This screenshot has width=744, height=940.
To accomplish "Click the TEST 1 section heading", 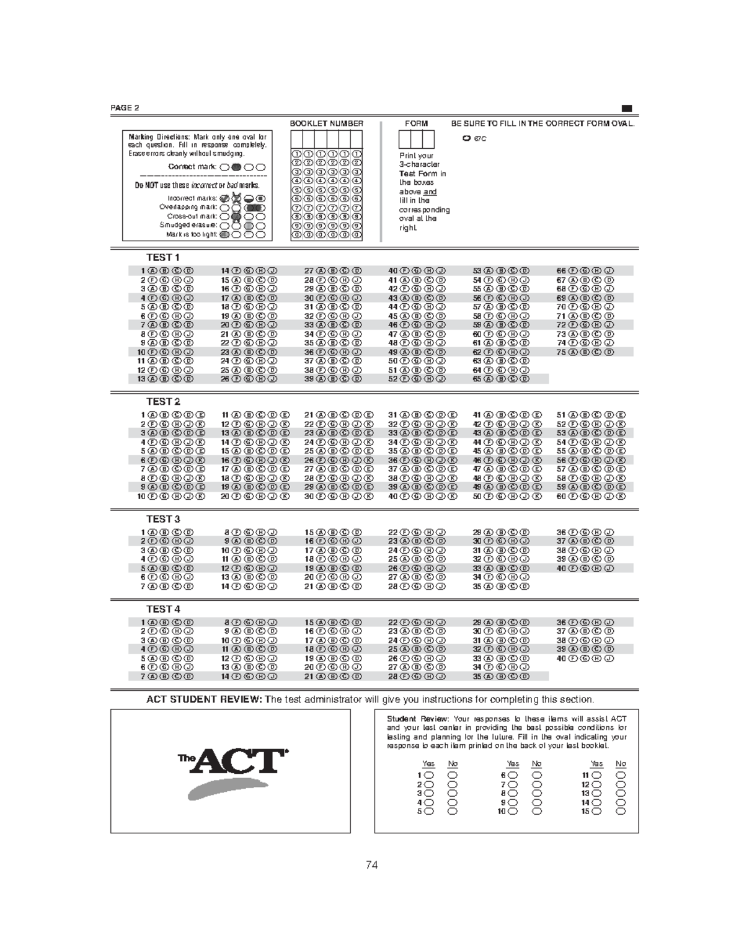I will (163, 257).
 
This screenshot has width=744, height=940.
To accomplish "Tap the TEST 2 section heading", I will (163, 402).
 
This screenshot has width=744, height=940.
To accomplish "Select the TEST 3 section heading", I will (163, 519).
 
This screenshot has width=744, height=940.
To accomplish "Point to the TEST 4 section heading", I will (163, 609).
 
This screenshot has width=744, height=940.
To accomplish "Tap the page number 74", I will (372, 865).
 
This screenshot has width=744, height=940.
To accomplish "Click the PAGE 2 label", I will (125, 108).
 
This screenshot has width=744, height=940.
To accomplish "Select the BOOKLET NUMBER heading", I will (327, 123).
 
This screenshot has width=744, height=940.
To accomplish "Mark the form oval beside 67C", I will (466, 138).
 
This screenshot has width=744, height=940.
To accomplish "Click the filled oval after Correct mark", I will (236, 167).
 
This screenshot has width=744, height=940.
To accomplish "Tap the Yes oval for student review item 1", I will (429, 775).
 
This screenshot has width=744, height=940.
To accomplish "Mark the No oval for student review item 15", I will (621, 811).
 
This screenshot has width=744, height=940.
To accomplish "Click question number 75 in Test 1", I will (561, 352).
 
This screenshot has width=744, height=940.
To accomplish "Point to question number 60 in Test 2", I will (561, 496).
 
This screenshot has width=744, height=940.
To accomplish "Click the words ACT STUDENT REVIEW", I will (204, 699).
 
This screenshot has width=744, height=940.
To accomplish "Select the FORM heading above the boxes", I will (416, 123).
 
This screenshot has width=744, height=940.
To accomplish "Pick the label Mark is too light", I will (192, 234).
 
